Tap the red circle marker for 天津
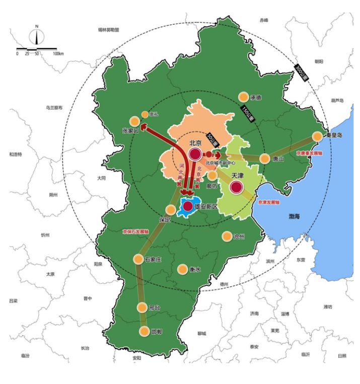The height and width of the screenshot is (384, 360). tap(236, 188)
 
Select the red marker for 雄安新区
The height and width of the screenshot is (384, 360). tap(188, 206)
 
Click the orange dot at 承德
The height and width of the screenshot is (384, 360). tap(243, 97)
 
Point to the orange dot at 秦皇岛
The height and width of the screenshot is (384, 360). tap(317, 136)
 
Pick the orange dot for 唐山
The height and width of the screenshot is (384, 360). tap(265, 159)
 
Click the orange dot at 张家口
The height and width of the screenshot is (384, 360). tap(134, 121)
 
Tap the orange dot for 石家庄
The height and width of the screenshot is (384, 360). tap(138, 259)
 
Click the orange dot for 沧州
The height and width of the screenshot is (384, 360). tap(227, 236)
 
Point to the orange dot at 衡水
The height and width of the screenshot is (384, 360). tap(182, 269)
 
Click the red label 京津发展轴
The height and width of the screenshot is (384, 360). tap(268, 202)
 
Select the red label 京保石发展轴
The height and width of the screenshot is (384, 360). tap(135, 232)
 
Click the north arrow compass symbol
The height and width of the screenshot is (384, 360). tap(36, 36)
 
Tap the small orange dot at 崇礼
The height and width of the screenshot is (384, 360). tap(145, 114)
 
